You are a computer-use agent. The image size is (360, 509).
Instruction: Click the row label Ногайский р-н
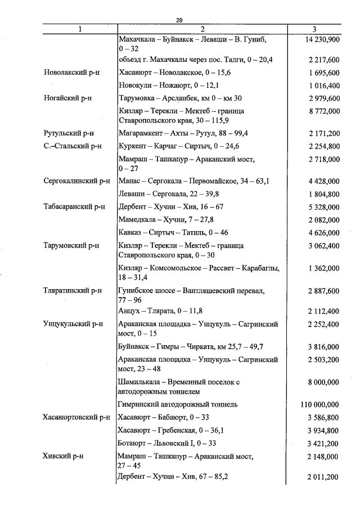tap(68, 98)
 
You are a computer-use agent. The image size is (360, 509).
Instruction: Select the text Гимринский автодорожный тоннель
tap(178, 404)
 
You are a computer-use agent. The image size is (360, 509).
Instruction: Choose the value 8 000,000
tap(323, 382)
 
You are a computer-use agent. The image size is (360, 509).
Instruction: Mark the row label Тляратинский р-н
tap(73, 291)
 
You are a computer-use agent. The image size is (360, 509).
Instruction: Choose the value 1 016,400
tap(323, 85)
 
